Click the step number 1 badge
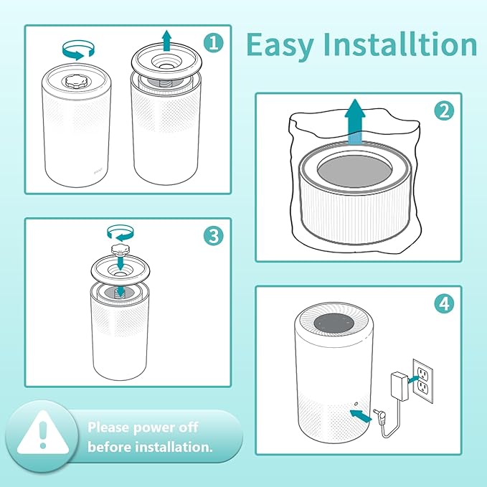[x=212, y=43]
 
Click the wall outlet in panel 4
[x=422, y=379]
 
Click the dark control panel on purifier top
[x=333, y=325]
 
